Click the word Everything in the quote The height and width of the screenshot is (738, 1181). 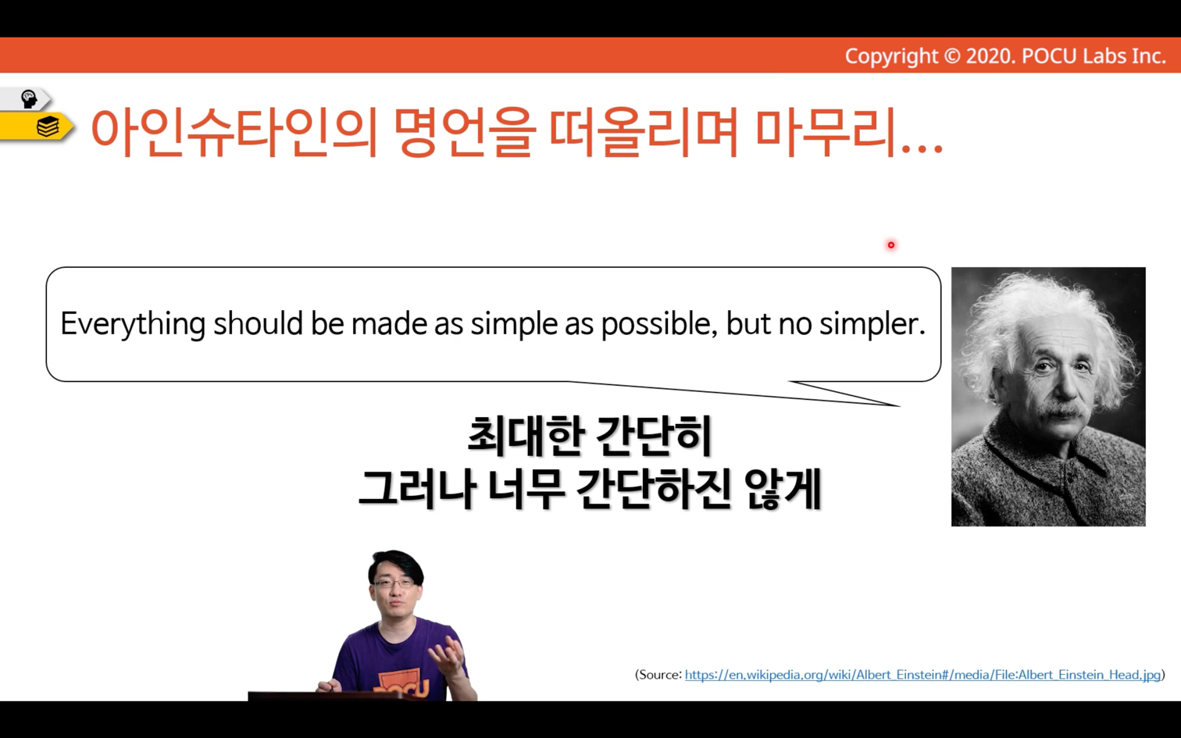click(x=133, y=323)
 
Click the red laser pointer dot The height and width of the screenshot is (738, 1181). click(x=891, y=245)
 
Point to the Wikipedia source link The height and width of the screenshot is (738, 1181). click(x=922, y=675)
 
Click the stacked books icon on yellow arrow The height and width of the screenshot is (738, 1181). click(x=48, y=127)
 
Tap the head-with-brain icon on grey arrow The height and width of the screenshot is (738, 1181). click(x=28, y=99)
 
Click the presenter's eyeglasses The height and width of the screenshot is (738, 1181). click(x=394, y=583)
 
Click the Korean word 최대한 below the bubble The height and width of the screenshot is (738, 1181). click(x=526, y=437)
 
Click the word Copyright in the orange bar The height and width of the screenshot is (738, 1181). click(x=891, y=56)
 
